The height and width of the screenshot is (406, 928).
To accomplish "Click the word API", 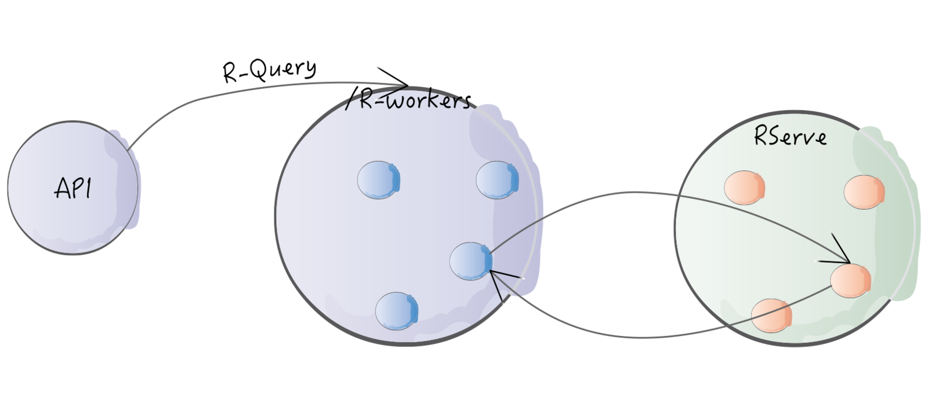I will coord(73,188).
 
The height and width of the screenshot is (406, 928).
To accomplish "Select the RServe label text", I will coord(790,137).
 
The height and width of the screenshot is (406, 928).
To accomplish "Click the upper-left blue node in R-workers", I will coord(379,180).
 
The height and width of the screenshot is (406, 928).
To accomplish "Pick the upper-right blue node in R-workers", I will coord(497,180).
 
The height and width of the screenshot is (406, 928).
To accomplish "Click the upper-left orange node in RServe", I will coord(745,188).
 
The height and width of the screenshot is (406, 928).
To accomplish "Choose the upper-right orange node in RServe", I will coord(864,192).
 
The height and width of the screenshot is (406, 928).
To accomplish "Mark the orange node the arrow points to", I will coord(851,280).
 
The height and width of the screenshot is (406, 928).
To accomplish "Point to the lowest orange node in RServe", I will coord(771,316).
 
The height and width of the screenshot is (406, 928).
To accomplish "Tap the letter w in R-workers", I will coord(397,103).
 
